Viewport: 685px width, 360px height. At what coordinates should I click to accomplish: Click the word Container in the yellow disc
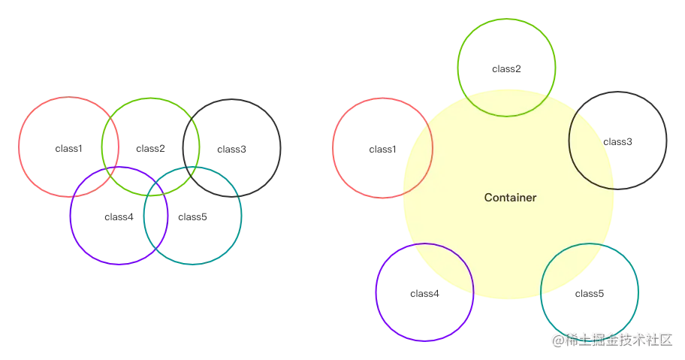point(510,198)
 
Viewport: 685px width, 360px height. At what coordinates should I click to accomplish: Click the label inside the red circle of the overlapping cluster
point(69,150)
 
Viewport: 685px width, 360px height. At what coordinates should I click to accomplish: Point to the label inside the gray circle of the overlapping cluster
point(231,150)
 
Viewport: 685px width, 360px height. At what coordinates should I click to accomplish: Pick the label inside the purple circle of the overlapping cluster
point(118,217)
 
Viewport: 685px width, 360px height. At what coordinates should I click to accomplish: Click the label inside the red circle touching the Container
point(382,150)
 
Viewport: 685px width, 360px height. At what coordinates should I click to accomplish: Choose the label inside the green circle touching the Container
point(505,70)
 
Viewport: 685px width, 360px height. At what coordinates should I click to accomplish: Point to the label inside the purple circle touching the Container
point(425,294)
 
